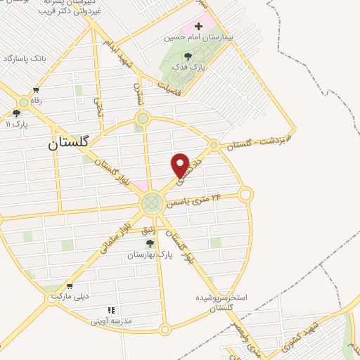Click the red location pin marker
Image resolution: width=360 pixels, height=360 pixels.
[x=181, y=165]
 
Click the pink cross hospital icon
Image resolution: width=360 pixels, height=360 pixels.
[x=198, y=26]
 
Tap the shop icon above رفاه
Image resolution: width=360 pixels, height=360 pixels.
[x=36, y=90]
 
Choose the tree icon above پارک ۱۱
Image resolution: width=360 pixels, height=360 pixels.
[x=16, y=112]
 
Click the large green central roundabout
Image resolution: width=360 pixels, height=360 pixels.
[x=151, y=204]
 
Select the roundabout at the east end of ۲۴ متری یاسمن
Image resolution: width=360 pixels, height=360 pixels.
[x=245, y=195]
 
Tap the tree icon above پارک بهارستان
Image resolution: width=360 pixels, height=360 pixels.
[x=150, y=243]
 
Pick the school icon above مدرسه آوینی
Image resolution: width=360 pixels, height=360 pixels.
[x=110, y=310]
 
